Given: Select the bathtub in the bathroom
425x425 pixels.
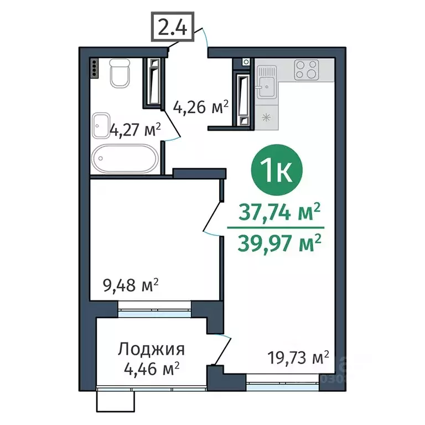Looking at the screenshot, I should (125, 159).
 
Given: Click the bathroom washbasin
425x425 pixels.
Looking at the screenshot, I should (101, 126).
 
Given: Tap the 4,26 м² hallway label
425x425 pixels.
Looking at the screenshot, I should (201, 106).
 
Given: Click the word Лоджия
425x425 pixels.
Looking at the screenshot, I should (151, 349).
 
